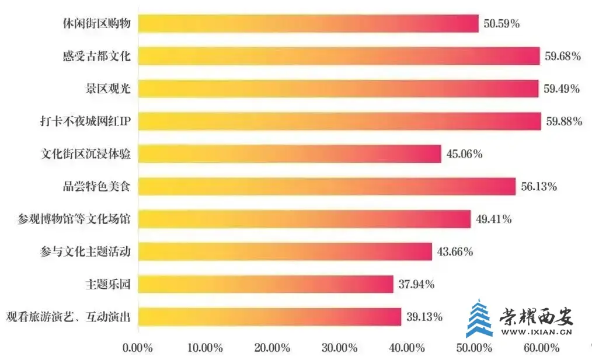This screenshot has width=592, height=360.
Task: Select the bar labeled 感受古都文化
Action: pos(338,56)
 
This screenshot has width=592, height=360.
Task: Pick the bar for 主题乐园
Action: pos(265,284)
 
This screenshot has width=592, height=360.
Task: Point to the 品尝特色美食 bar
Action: pos(326,187)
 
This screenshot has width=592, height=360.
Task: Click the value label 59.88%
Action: pos(564,121)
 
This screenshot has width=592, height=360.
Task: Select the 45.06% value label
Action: pos(464,154)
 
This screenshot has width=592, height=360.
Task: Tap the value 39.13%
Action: pos(424,317)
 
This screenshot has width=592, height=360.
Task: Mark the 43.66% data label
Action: pos(455,251)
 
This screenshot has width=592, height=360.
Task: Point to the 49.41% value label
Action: pos(493,219)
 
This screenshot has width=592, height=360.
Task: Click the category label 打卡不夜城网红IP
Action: pos(82,121)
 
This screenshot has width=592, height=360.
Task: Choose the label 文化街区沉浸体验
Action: pos(85,154)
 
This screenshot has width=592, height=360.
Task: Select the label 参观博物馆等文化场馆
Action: pos(74,219)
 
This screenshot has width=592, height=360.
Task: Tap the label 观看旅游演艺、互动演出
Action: pos(68,317)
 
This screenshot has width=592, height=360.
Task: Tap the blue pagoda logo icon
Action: pos(479,318)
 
